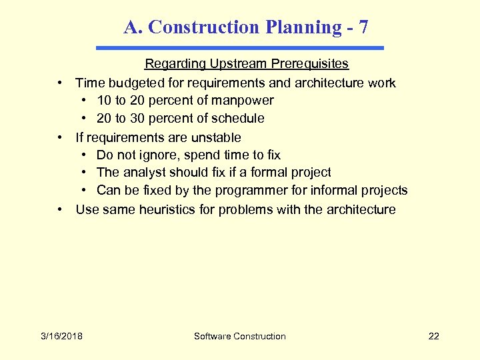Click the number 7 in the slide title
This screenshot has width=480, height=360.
(363, 27)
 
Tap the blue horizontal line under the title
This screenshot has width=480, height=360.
(240, 48)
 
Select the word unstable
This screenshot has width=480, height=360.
(215, 137)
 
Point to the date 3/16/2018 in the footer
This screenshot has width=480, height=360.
(61, 336)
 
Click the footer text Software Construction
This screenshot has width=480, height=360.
(240, 336)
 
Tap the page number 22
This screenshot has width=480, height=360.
(433, 336)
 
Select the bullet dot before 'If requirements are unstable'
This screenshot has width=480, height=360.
(61, 137)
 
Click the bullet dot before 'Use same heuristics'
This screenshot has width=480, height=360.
(61, 210)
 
